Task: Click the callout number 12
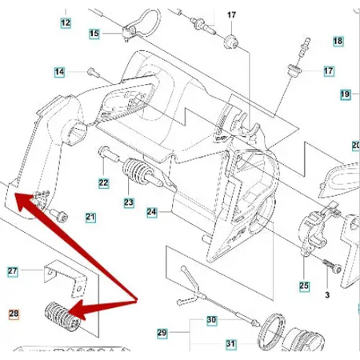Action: (x=66, y=22)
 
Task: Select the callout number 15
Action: (x=94, y=34)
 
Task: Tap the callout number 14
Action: (x=59, y=72)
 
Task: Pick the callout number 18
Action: (x=338, y=41)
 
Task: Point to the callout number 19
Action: (x=345, y=94)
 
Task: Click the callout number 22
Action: (x=104, y=183)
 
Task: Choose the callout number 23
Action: (x=129, y=202)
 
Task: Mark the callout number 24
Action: (x=152, y=212)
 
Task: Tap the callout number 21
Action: (x=90, y=217)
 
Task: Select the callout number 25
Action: (x=304, y=286)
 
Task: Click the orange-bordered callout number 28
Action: (x=14, y=314)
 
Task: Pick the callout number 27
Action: (x=13, y=271)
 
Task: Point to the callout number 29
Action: (x=162, y=333)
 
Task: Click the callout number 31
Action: (x=230, y=344)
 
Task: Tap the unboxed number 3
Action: (x=327, y=295)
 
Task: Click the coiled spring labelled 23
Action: (x=136, y=171)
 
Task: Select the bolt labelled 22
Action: (x=110, y=154)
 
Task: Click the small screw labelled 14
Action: (x=93, y=73)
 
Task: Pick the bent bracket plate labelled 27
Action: (x=66, y=278)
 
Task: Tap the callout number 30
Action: (x=212, y=320)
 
